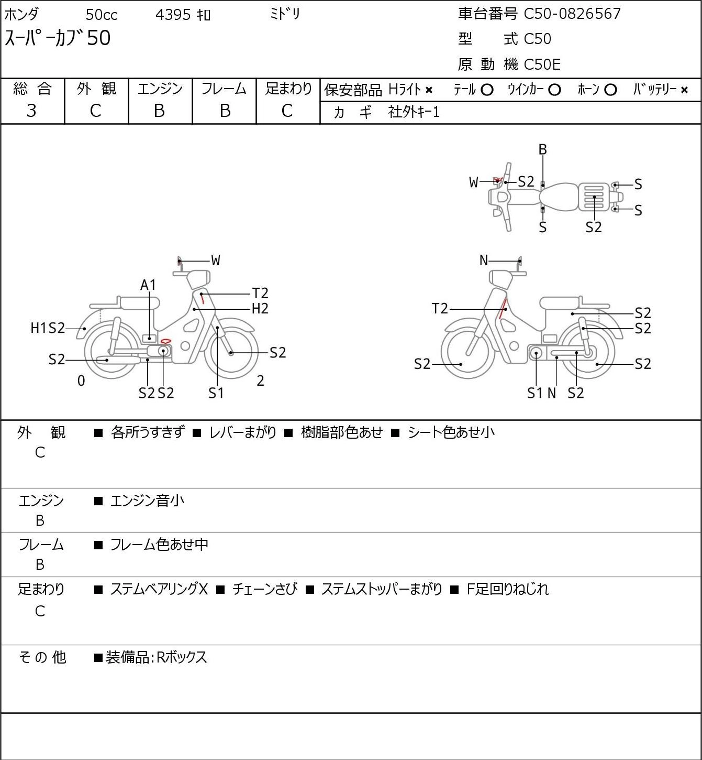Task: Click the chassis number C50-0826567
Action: (572, 14)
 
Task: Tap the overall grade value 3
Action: (31, 111)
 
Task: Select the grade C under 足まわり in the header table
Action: (287, 111)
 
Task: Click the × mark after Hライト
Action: (429, 90)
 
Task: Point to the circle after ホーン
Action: (610, 90)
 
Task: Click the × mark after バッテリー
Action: (684, 90)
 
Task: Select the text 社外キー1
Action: (414, 112)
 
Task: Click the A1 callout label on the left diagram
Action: (148, 285)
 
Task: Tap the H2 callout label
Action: (260, 308)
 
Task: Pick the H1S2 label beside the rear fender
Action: (48, 328)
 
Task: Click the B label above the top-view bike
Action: (542, 149)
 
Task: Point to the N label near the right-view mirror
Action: (484, 260)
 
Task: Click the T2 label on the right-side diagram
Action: (439, 308)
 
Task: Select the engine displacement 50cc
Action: (102, 15)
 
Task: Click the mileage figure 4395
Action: (173, 15)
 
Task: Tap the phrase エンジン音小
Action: (147, 501)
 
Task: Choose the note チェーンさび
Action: (264, 589)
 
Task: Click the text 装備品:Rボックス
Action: (157, 657)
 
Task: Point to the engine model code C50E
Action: (542, 64)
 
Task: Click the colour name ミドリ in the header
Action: (285, 14)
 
